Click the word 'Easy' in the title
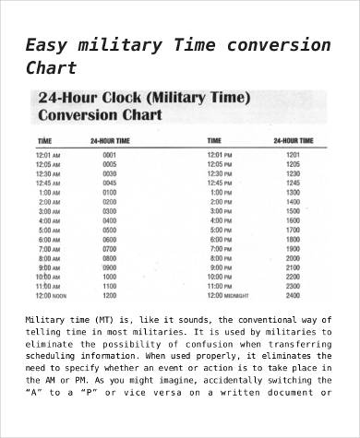coord(47,45)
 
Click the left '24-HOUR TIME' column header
coord(110,141)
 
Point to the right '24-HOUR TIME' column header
coord(293,141)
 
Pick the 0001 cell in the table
coord(110,155)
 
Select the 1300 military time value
coord(294,193)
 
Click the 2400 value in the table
coord(294,296)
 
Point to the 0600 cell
coord(110,240)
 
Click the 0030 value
coord(110,173)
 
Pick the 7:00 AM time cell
coord(48,249)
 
